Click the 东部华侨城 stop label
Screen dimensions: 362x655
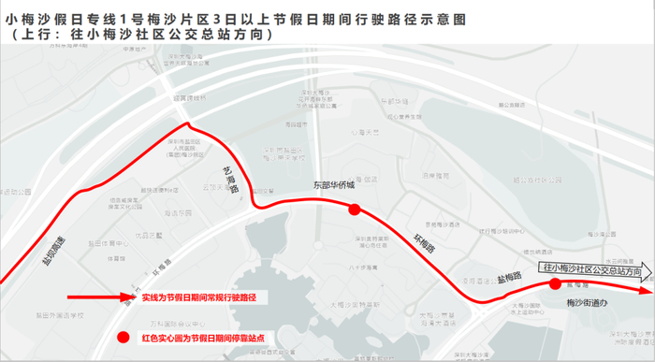[x=335, y=186]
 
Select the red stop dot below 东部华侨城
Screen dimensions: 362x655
[x=354, y=210]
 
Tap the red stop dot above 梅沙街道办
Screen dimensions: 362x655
[x=555, y=283]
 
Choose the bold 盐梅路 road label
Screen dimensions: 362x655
[x=510, y=277]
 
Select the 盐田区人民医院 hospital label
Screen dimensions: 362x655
[x=171, y=152]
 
